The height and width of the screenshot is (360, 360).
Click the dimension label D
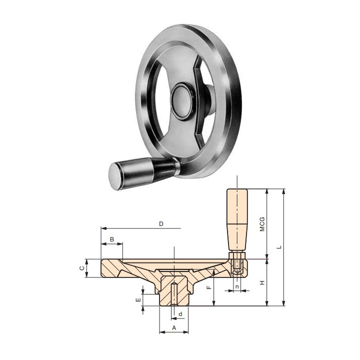161,224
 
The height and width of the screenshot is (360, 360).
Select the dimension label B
112,239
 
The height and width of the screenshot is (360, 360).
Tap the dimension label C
81,268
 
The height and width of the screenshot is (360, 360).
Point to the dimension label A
174,328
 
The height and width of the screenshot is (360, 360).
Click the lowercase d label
180,314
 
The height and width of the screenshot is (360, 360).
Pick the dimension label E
138,300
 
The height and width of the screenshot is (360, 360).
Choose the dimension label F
208,287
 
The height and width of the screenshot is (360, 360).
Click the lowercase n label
237,286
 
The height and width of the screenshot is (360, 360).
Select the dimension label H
262,282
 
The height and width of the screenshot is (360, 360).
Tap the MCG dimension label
262,224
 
